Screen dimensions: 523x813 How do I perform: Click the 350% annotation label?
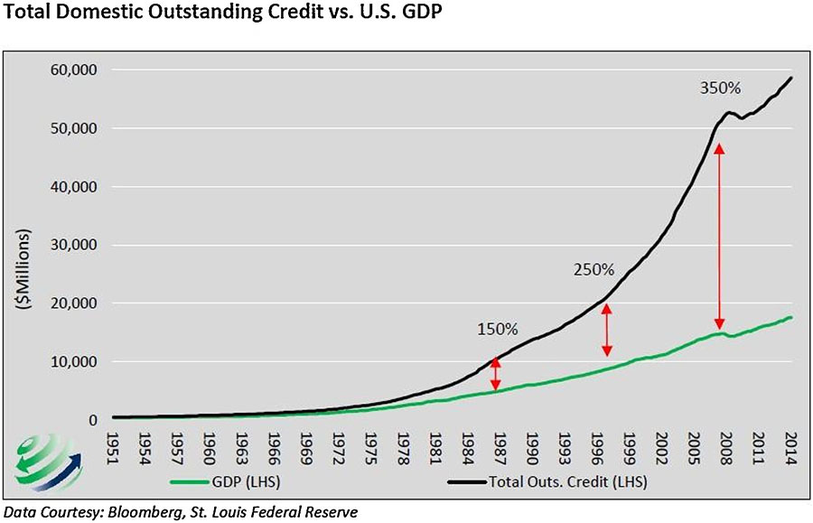[720, 89]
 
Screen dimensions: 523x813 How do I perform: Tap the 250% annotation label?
[593, 269]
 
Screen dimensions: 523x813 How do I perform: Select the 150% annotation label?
[497, 329]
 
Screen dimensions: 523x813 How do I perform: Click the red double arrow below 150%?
[494, 373]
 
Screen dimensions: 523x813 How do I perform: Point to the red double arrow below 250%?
[607, 330]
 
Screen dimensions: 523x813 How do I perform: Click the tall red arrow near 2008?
[719, 237]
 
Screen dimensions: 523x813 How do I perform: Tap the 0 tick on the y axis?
[93, 420]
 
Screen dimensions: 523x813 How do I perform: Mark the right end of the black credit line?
[792, 78]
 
